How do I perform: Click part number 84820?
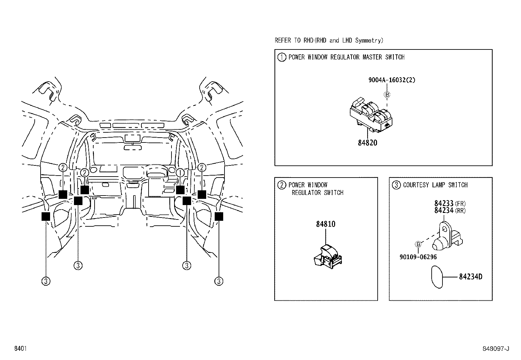(x=368, y=143)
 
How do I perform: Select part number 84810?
(x=326, y=224)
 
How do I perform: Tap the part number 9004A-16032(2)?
(x=392, y=80)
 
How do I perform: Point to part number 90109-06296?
(x=418, y=257)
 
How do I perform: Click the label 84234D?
(x=470, y=277)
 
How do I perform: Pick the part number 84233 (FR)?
(x=450, y=203)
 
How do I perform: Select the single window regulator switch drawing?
(x=327, y=256)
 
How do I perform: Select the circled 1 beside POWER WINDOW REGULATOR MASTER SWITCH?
(x=281, y=57)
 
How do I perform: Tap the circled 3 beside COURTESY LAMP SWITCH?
(x=396, y=185)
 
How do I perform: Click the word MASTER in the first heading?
(x=372, y=57)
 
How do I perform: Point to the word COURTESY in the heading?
(x=416, y=185)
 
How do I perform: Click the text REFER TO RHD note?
(x=329, y=41)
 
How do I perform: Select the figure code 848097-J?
(x=496, y=349)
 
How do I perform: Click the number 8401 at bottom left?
(x=20, y=349)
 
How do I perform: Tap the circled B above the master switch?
(x=387, y=95)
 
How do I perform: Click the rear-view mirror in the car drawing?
(x=133, y=147)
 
